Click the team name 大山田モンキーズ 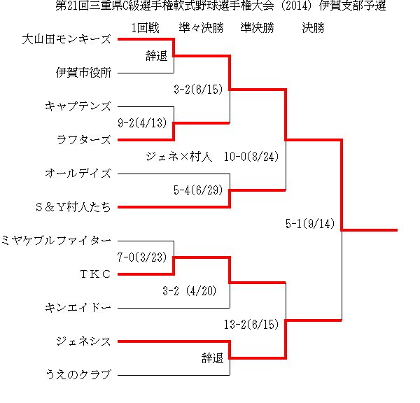tap(66, 39)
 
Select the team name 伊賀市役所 tap(83, 73)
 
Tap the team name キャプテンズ tap(78, 106)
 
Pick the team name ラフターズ tap(83, 140)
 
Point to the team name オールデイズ tap(78, 174)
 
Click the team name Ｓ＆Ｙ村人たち tap(73, 207)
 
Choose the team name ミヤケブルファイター tap(56, 241)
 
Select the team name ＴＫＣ tap(95, 274)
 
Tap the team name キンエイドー tap(78, 308)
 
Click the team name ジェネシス tap(83, 341)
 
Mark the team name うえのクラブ tap(78, 374)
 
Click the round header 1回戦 tap(145, 28)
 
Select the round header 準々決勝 tap(201, 28)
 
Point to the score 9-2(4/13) tap(142, 123)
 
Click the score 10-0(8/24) tap(251, 157)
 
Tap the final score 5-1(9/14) tap(310, 224)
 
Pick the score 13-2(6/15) tap(251, 325)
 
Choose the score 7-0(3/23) tap(142, 257)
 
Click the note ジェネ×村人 tap(179, 157)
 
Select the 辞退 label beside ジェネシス tap(212, 358)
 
